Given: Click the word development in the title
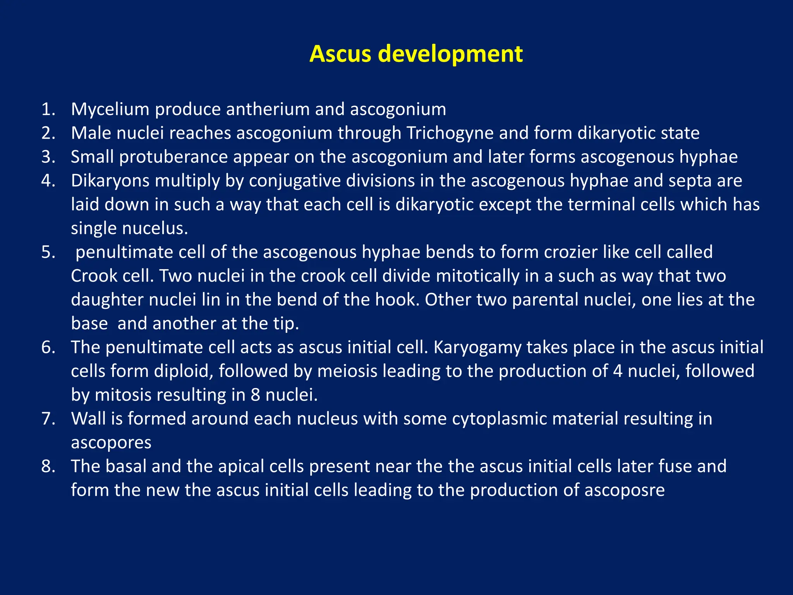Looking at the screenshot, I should tap(450, 54).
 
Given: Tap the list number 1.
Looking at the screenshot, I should tap(48, 110).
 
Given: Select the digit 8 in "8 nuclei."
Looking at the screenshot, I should tap(255, 395).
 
